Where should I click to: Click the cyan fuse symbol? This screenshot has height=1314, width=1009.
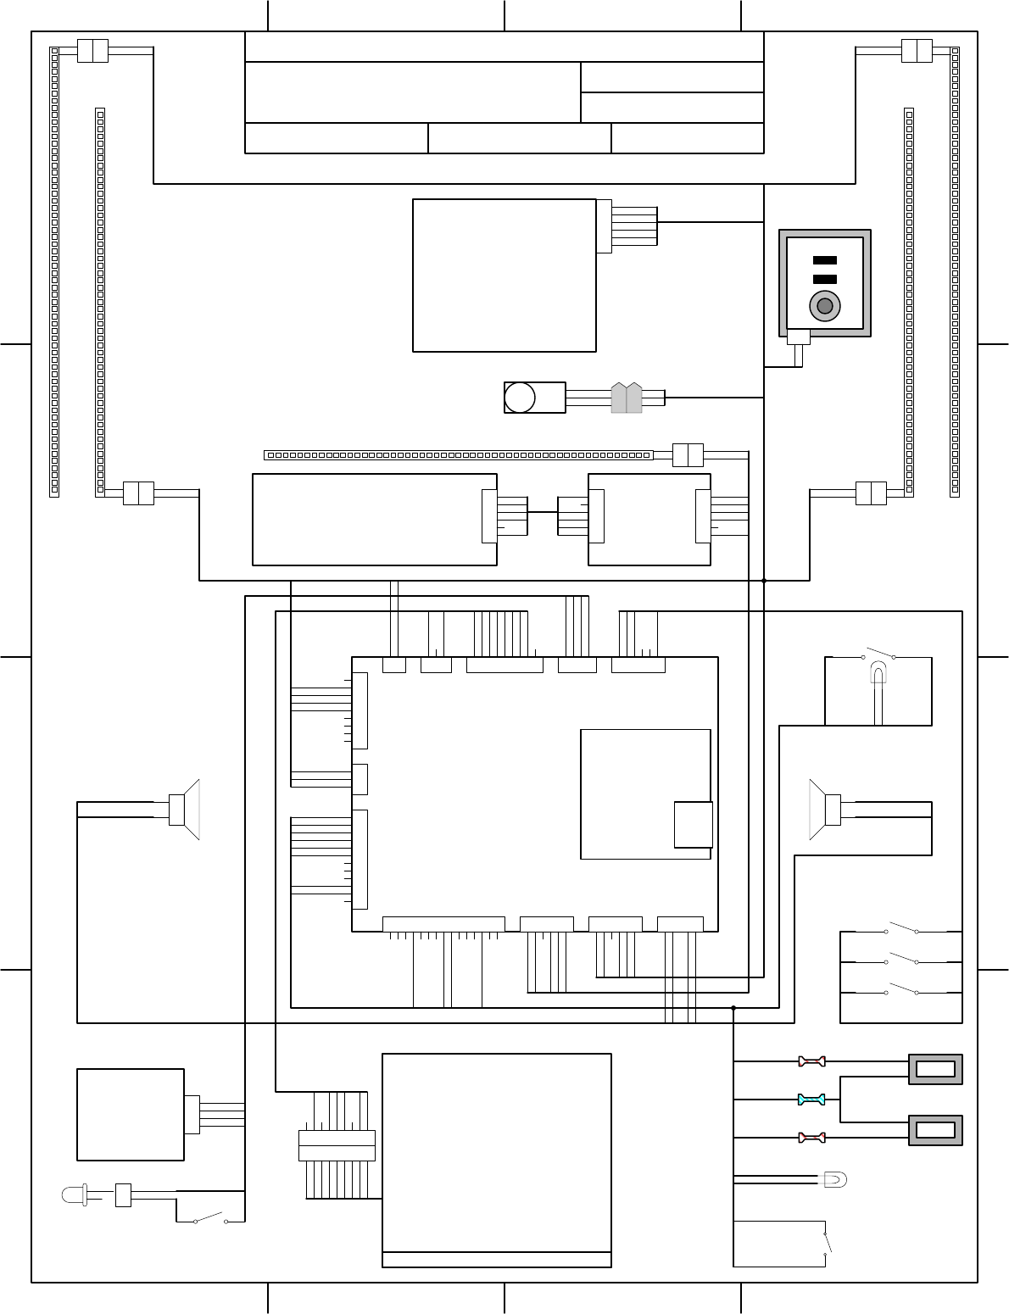point(811,1100)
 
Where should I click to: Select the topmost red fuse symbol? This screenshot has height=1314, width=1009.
point(811,1061)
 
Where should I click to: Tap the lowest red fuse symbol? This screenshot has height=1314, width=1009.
point(811,1138)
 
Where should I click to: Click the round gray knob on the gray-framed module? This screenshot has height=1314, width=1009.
point(824,306)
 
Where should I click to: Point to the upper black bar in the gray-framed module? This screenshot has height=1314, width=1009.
point(825,260)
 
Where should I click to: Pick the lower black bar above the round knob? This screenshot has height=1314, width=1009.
point(825,279)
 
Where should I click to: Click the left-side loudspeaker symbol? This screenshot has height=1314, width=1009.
point(184,810)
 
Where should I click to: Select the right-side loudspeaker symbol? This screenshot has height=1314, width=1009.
point(825,810)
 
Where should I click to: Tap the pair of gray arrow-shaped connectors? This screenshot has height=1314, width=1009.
point(627,398)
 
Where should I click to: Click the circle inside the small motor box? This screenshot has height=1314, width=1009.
point(520,398)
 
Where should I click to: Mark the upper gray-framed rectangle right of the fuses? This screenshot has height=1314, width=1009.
point(935,1069)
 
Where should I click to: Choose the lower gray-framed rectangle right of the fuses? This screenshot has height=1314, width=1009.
point(935,1130)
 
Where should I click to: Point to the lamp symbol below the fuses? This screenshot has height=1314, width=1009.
point(835,1179)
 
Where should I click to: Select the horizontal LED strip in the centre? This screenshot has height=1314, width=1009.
point(458,455)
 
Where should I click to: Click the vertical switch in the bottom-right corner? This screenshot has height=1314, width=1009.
point(827,1243)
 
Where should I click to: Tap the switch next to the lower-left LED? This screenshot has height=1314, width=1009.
point(210,1219)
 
